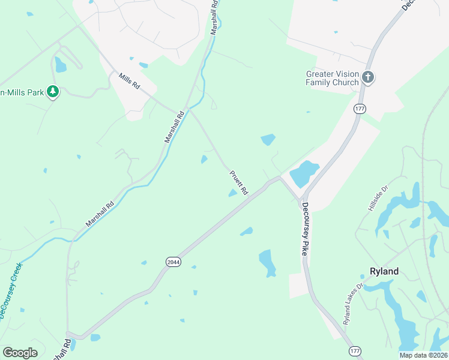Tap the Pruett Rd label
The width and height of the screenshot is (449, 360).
point(238,182)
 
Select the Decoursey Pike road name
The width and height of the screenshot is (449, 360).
point(305,229)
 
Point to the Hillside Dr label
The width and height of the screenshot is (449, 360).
point(378,197)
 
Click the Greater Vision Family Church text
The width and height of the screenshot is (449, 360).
point(333,78)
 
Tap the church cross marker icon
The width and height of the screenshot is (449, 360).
point(368,77)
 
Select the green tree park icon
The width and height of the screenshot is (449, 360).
point(53,92)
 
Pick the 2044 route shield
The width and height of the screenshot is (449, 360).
point(172,261)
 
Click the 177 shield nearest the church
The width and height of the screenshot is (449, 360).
point(360,109)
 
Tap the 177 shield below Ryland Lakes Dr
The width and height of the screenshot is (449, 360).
point(354,349)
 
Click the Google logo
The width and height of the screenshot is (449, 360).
point(20,352)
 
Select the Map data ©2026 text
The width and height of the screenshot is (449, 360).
point(423,355)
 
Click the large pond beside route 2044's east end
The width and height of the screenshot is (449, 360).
point(305,174)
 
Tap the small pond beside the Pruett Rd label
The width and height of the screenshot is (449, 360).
point(233,193)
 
